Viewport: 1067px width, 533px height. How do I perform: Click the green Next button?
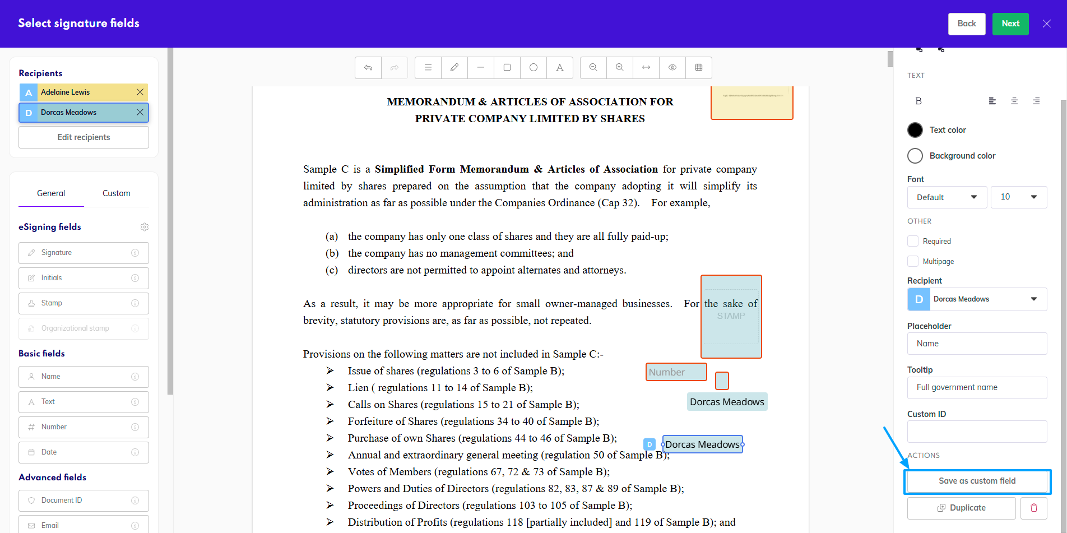pos(1010,24)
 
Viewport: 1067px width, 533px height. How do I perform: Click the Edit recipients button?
pos(83,137)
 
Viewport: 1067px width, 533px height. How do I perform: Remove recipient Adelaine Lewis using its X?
pos(140,92)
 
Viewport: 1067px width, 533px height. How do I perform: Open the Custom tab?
pos(116,193)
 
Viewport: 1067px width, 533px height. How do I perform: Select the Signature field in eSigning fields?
pos(83,253)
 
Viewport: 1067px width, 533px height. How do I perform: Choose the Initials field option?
pos(83,278)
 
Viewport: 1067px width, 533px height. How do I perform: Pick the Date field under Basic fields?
pos(83,452)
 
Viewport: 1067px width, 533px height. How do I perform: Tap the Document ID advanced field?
pos(83,500)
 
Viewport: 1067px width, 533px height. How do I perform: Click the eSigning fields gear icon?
pos(145,227)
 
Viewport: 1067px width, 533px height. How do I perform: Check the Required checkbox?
pos(913,241)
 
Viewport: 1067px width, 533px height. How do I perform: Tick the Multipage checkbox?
pos(913,261)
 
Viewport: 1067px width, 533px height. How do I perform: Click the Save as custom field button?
pos(977,481)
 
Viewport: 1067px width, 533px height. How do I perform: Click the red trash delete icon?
pos(1034,508)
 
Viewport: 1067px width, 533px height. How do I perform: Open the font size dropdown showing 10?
pos(1019,197)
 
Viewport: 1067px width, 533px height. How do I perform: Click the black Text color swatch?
pos(915,130)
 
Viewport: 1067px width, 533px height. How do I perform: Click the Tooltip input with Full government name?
pos(977,387)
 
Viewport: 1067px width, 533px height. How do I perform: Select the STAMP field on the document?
pos(731,317)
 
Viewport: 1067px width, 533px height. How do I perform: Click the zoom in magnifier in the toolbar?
pos(619,68)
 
